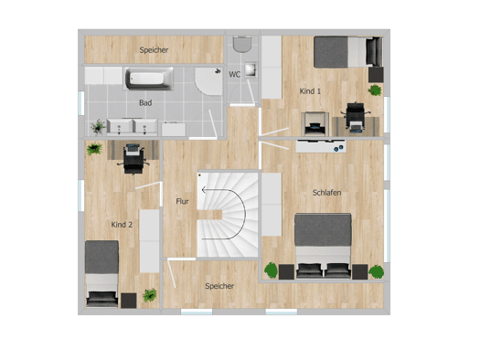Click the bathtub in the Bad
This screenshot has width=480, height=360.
[149, 79]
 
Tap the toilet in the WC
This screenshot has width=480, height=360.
[242, 44]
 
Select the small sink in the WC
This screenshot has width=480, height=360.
[251, 70]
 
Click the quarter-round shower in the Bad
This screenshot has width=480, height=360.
[208, 81]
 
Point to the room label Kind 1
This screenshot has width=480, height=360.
[310, 91]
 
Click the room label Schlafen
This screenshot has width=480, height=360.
[326, 193]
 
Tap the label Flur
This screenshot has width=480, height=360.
[182, 201]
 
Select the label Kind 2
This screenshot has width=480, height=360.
[122, 225]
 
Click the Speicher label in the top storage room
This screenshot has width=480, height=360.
[154, 50]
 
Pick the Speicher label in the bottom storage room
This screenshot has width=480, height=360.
[219, 286]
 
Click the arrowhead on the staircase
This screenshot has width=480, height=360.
[204, 190]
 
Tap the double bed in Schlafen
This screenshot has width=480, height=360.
[323, 246]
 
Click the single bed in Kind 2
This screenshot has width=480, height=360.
[101, 273]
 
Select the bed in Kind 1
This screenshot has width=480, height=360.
[348, 52]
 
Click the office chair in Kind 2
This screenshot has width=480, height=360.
[133, 159]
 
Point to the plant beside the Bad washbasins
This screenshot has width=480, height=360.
[98, 127]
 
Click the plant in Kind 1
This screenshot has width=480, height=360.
[375, 90]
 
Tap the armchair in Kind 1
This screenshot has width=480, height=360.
[315, 124]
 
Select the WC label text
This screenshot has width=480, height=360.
[234, 74]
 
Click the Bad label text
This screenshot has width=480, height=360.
[145, 102]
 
